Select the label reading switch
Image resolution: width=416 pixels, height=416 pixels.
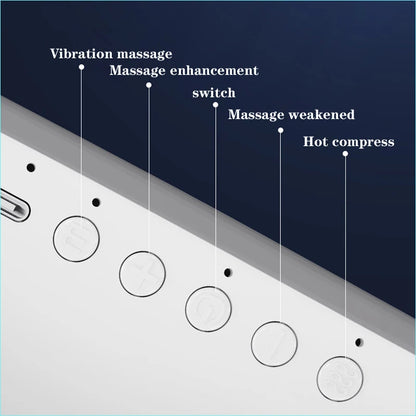pos(214,93)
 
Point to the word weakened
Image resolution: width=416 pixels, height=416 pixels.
pos(322,114)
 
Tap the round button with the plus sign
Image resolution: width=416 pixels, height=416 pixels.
pos(142,274)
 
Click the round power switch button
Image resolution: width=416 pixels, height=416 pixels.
pos(208,309)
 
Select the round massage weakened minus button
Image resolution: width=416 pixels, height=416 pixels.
pos(274,344)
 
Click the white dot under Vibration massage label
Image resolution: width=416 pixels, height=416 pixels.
pos(81,67)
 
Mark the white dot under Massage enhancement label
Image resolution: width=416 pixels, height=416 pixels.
pos(149,85)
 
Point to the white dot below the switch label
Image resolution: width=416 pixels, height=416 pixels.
pos(215,105)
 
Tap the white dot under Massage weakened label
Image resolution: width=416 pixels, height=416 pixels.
pos(281,130)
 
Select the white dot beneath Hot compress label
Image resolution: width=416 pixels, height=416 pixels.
pos(345,154)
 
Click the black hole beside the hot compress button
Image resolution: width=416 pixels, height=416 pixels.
pos(359,342)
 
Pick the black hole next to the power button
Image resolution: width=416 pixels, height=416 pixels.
pos(228,273)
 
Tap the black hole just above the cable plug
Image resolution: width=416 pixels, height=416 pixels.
pos(31,168)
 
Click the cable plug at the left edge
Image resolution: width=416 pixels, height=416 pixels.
pos(14,205)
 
